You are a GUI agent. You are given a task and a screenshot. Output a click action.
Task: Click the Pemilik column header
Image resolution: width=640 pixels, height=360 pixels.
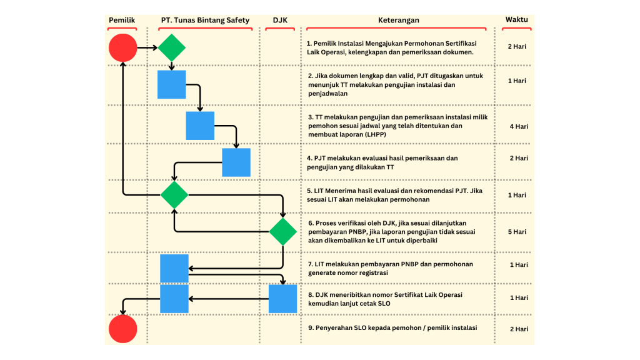(122, 20)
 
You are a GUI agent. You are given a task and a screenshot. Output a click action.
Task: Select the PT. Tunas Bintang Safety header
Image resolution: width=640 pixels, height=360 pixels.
(205, 20)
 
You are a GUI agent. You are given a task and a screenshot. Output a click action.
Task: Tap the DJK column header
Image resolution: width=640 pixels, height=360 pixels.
(280, 20)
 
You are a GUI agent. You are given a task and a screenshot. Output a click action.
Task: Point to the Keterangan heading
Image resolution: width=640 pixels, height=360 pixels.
(398, 20)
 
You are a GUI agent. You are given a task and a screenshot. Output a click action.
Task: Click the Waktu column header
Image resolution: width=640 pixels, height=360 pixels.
(517, 19)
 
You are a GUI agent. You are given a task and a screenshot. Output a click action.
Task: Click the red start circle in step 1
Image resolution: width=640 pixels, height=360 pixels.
(123, 47)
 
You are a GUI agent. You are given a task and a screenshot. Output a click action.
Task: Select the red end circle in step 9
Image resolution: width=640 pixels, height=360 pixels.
(123, 329)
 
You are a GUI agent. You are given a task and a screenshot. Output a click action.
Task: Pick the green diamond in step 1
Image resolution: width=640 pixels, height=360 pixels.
(172, 47)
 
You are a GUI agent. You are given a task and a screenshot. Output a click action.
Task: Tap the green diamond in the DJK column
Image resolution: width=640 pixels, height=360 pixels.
(283, 231)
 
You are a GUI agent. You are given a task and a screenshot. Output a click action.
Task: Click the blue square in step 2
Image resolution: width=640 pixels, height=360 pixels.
(172, 84)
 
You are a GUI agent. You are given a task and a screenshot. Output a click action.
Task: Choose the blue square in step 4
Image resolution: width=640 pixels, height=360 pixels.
(236, 162)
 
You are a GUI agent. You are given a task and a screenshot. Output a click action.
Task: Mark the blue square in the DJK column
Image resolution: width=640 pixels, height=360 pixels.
(283, 299)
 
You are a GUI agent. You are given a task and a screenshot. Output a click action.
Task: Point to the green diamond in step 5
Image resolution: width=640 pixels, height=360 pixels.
(174, 195)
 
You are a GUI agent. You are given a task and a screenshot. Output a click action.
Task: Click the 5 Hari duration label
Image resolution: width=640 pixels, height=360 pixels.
(517, 232)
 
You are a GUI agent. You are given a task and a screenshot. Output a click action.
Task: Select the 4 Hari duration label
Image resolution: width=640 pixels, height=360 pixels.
(519, 126)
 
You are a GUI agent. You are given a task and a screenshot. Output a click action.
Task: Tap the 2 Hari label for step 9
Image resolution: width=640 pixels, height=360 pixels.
(519, 329)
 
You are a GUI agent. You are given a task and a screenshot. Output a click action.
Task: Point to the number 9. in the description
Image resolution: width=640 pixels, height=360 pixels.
(311, 327)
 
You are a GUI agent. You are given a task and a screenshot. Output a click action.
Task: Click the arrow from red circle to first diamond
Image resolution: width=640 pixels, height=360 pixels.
(147, 47)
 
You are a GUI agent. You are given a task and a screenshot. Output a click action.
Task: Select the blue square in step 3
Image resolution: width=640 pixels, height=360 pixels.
(200, 126)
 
